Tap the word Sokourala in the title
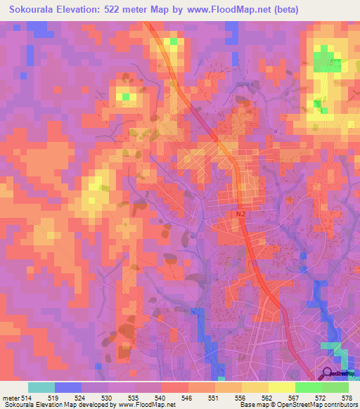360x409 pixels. pyautogui.click(x=32, y=10)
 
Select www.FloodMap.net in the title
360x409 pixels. pyautogui.click(x=223, y=10)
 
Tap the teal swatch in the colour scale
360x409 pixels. pyautogui.click(x=41, y=388)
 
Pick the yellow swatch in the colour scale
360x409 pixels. pyautogui.click(x=282, y=388)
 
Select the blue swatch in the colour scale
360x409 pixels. pyautogui.click(x=68, y=388)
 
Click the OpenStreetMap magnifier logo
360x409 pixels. pyautogui.click(x=328, y=373)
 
